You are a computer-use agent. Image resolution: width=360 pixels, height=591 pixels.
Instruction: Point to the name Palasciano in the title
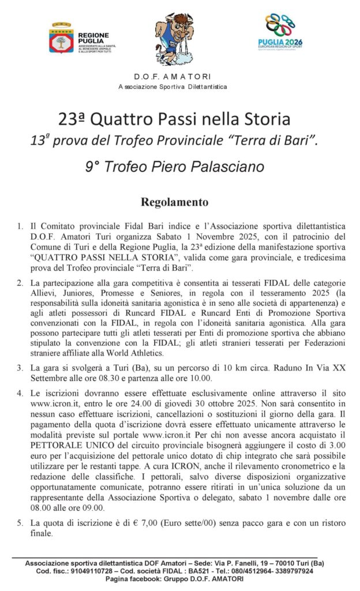(226, 167)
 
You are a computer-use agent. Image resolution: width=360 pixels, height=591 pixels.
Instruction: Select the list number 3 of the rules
(20, 366)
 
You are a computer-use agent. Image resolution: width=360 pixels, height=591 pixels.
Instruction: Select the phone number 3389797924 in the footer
(292, 571)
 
